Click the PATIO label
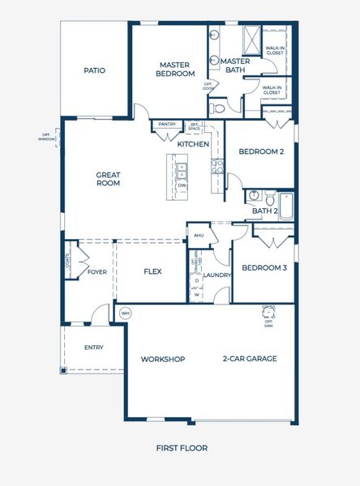pos(95,70)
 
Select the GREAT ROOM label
pos(108,178)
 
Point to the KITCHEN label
pos(194,144)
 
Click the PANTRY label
pos(167,124)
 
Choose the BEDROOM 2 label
pos(260,151)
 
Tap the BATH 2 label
pos(264,211)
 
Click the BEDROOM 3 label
pos(264,267)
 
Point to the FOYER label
pos(97,272)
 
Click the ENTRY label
pos(94,347)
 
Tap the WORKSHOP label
pos(163,359)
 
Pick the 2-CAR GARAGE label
pos(251,359)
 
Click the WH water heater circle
pos(125,313)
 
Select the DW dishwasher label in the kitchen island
pos(182,185)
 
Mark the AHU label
pos(199,236)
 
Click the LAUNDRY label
pos(217,275)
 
